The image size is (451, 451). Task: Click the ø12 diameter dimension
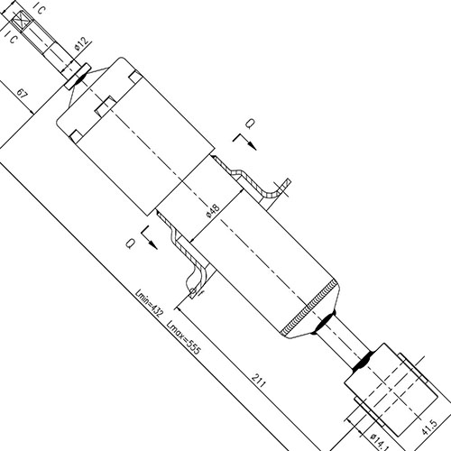pos(81,41)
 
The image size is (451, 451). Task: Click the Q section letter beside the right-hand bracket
pos(251,123)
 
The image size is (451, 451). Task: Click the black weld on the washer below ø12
pos(78,77)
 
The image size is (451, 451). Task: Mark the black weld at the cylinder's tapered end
pos(322,322)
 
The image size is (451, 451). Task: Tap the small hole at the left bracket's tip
pos(193,293)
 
